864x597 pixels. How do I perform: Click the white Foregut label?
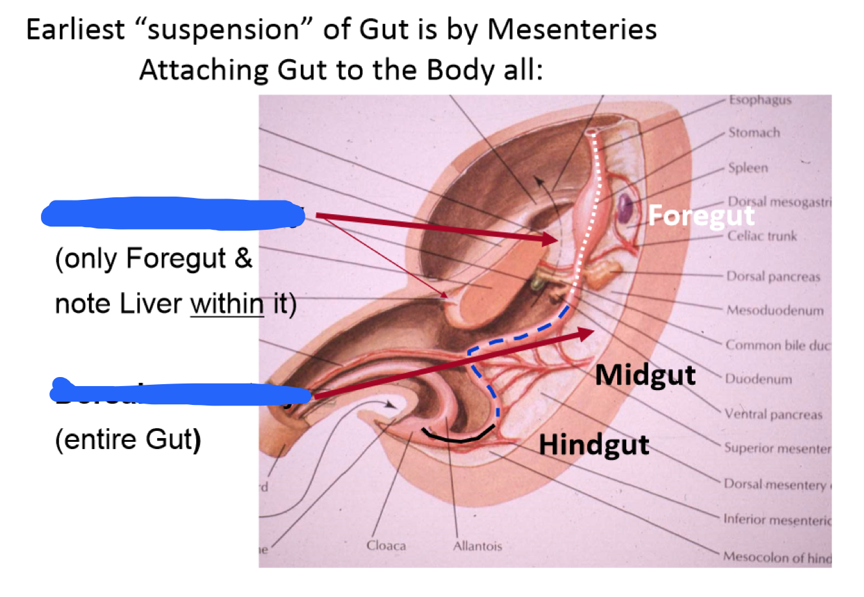(x=701, y=215)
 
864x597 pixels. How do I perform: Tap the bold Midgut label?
(x=645, y=374)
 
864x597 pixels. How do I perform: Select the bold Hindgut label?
(x=594, y=445)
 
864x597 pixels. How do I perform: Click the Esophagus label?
(x=759, y=100)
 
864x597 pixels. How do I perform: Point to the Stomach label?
(x=754, y=133)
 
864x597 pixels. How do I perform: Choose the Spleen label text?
(x=748, y=168)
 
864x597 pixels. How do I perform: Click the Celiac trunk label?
(x=761, y=236)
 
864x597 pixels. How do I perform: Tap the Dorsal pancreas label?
(x=773, y=276)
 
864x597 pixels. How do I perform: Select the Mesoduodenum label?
(x=774, y=310)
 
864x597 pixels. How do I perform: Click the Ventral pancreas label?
(x=774, y=414)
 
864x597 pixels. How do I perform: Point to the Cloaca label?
(x=386, y=546)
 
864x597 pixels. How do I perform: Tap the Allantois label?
(x=477, y=546)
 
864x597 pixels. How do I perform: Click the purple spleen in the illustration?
(x=625, y=207)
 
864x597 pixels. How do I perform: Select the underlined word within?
(x=227, y=303)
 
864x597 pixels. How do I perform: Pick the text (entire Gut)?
(x=128, y=439)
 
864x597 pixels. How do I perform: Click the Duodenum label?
(x=758, y=379)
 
